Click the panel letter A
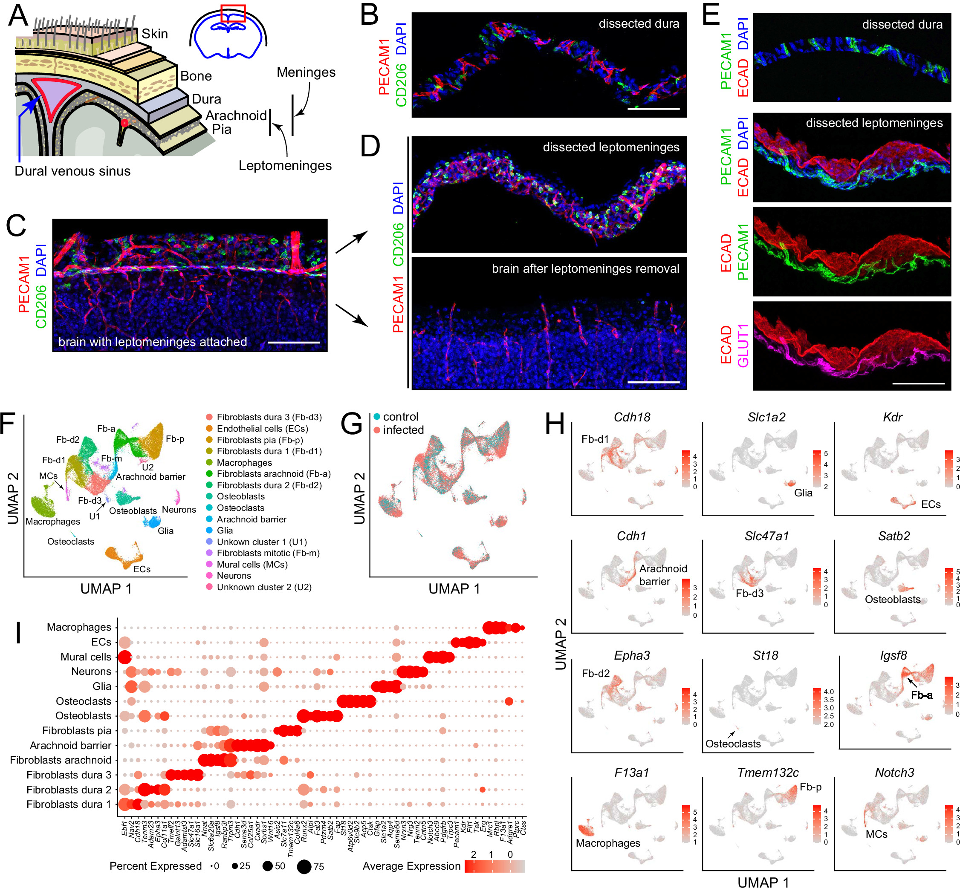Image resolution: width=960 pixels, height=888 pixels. [18, 15]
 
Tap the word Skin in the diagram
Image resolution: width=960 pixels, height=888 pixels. [154, 34]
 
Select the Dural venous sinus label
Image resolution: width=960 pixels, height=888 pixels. [72, 171]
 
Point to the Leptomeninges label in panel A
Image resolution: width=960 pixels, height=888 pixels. [285, 165]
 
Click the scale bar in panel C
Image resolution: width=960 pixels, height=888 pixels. [293, 343]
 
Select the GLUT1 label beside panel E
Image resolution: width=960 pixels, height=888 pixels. [743, 346]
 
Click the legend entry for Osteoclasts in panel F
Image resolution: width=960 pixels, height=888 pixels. [240, 508]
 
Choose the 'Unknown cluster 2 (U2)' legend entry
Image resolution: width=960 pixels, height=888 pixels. [264, 587]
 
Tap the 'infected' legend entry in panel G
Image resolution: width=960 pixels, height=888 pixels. [403, 430]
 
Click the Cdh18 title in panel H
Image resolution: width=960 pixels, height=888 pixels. [632, 417]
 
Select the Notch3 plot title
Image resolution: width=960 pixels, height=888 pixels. [893, 773]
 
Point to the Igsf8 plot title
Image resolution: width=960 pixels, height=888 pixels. [893, 655]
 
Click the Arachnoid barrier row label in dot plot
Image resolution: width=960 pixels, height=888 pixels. [70, 745]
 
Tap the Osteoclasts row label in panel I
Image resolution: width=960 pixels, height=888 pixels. [83, 701]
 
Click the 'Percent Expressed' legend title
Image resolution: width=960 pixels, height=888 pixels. [155, 866]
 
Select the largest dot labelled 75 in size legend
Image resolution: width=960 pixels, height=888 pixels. [304, 867]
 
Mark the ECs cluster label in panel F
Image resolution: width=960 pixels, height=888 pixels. [142, 569]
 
